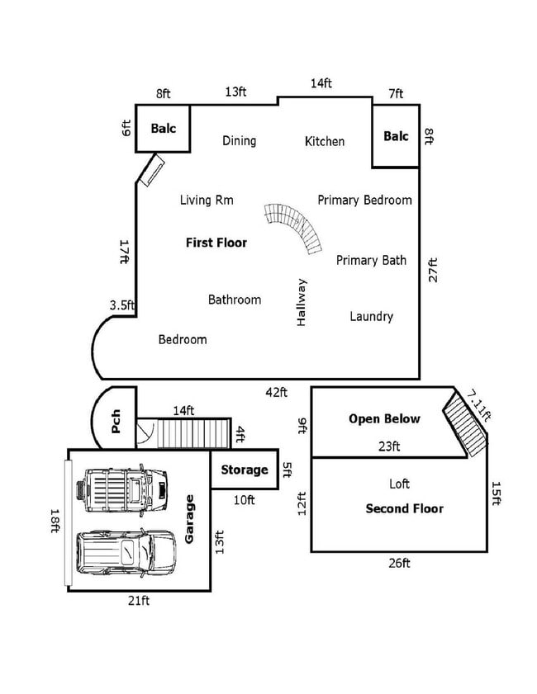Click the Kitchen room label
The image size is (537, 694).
pos(325,141)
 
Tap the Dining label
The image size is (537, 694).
pos(239,140)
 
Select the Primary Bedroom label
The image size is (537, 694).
pos(364,200)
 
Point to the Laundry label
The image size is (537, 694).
pos(371,316)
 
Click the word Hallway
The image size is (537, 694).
pos(302,301)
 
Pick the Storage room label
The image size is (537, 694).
pos(245,470)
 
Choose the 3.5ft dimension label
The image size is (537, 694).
pos(122,305)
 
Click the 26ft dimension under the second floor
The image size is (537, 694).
pos(399,563)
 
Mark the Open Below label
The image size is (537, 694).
pos(384,418)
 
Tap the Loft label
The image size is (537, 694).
pos(399,484)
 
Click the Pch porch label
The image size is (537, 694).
pos(116,422)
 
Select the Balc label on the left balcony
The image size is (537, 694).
pos(164,129)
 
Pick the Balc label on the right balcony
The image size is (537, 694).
pos(396,136)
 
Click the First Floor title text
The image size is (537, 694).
pos(216,243)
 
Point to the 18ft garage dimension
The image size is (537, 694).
pos(55,522)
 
